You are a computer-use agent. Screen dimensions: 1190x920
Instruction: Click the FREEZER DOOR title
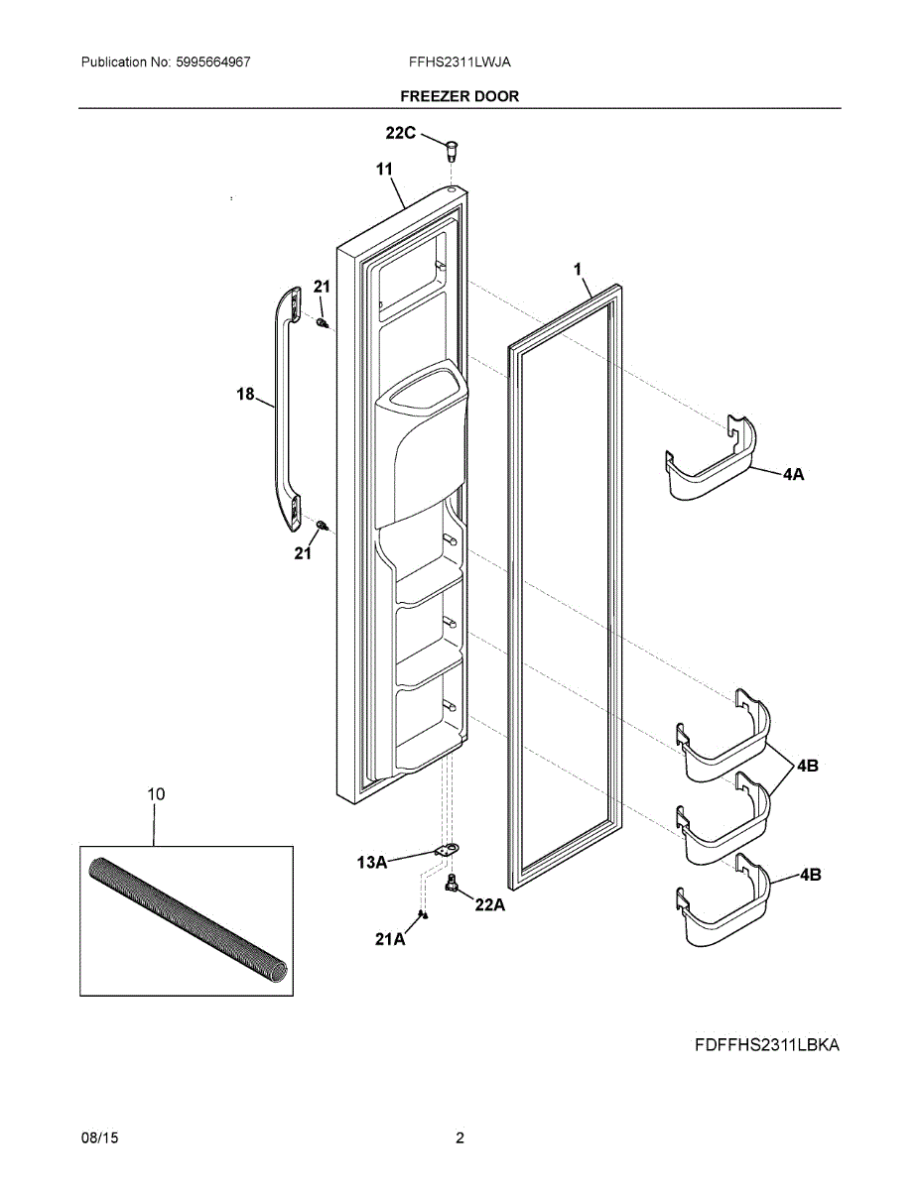click(459, 96)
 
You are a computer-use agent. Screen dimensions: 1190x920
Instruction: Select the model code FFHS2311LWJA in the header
click(460, 61)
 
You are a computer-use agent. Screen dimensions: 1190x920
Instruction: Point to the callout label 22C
click(401, 133)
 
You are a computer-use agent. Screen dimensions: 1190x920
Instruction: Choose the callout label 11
click(384, 170)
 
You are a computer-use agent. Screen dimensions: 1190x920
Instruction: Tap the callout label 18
click(245, 395)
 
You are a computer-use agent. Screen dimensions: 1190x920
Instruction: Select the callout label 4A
click(793, 475)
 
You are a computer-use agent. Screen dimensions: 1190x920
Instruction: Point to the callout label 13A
click(371, 863)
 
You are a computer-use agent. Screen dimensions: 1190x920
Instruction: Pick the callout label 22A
click(489, 904)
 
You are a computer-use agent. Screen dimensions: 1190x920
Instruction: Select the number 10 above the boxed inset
click(156, 793)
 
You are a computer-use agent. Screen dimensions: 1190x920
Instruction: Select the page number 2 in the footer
click(460, 1138)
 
